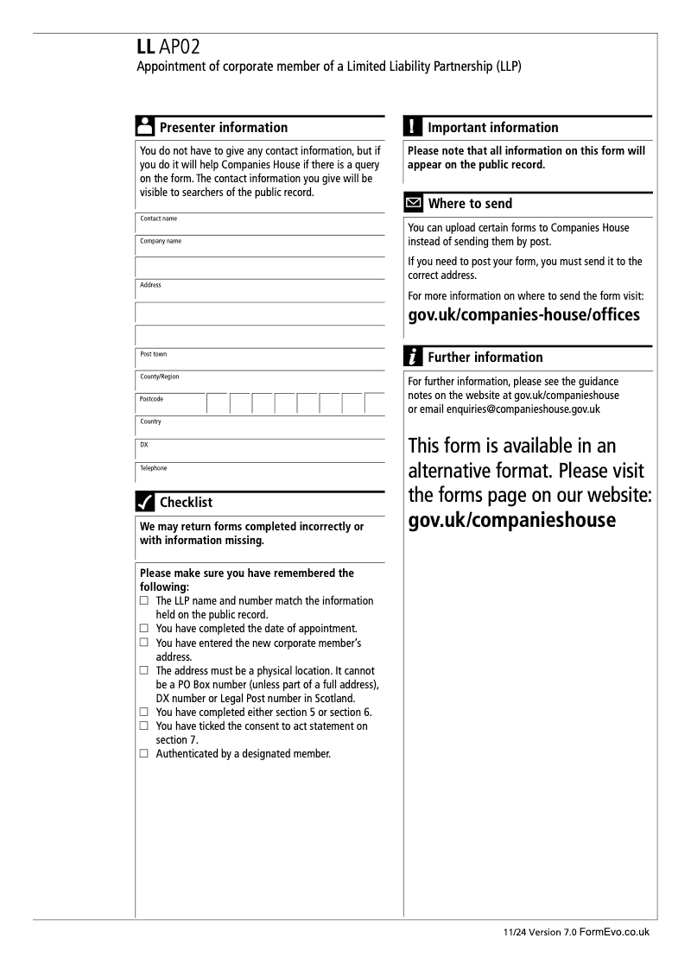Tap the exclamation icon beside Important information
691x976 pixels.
click(415, 128)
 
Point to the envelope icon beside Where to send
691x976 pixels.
click(415, 205)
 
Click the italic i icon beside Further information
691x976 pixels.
click(415, 358)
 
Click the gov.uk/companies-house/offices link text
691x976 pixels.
click(523, 314)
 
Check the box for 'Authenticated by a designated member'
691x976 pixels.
click(143, 754)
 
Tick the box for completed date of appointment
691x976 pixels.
click(143, 627)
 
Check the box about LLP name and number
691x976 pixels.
click(143, 601)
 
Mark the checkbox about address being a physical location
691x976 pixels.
click(143, 671)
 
